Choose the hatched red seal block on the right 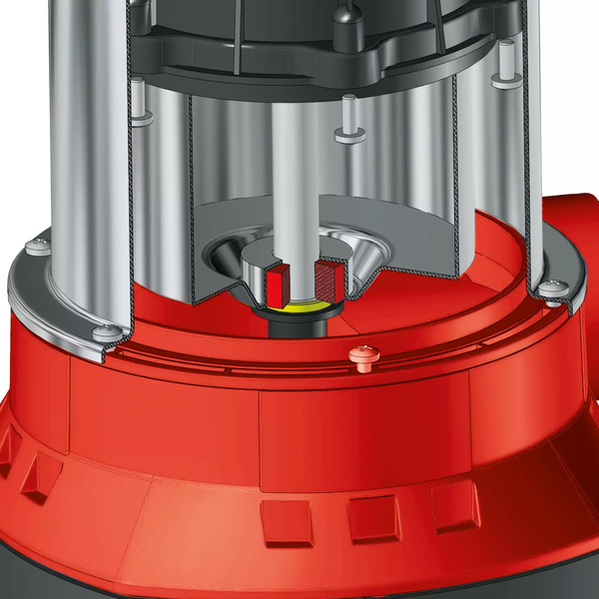point(328,283)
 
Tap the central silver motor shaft point(300,180)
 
